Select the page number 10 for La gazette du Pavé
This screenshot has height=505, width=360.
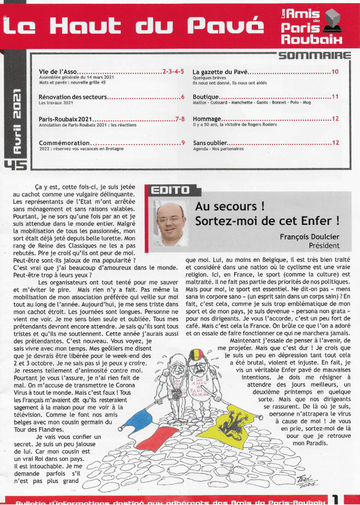tap(335, 71)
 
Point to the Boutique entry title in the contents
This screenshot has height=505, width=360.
tap(205, 97)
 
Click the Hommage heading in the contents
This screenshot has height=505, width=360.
tap(207, 119)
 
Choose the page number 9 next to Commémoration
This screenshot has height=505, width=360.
tap(183, 142)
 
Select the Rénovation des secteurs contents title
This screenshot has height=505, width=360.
tap(73, 97)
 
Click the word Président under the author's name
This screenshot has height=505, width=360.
tap(324, 245)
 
